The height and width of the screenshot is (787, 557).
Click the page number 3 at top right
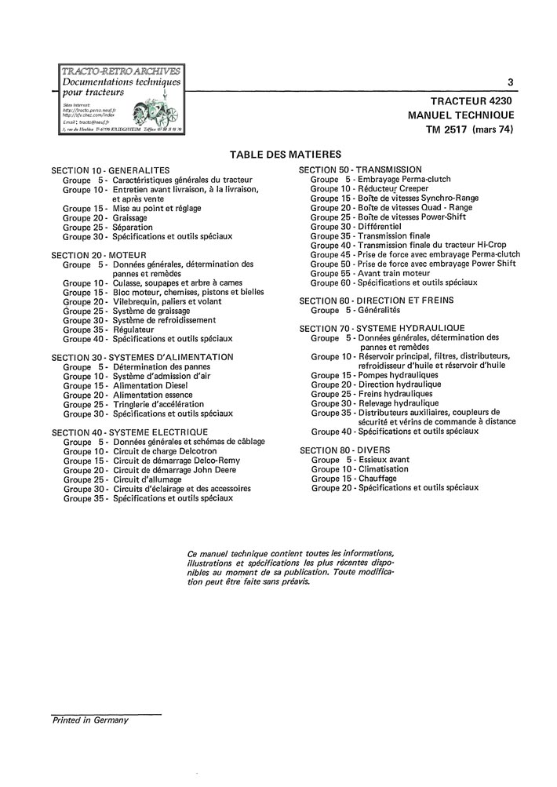(511, 82)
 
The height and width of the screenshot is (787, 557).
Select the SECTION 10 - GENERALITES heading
(110, 170)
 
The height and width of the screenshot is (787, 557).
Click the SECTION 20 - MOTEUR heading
(99, 255)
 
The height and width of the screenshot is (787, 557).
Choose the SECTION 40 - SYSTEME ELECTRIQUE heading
(129, 432)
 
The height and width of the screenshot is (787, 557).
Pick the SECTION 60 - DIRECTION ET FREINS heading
(377, 300)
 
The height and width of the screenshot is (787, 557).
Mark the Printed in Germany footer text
(90, 719)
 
